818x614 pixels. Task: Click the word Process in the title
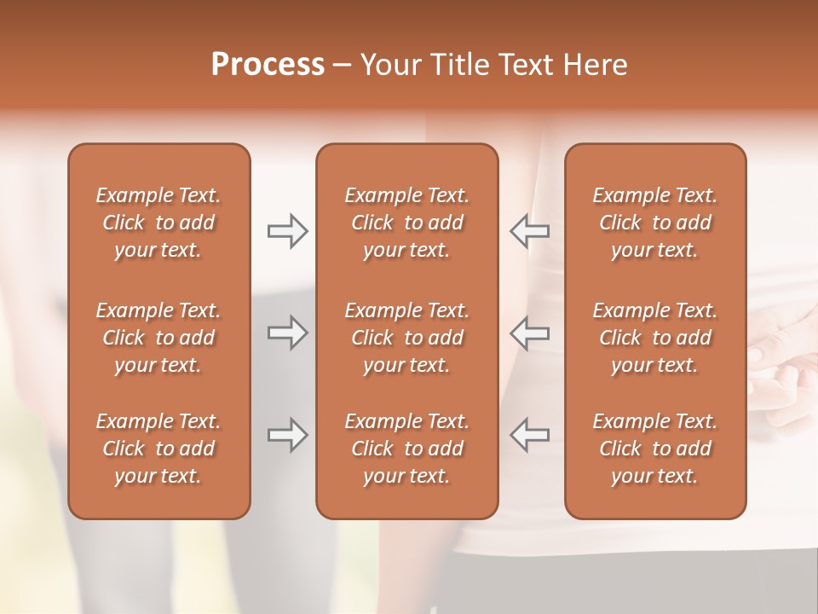(x=268, y=64)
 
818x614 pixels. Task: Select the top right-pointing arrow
(x=288, y=230)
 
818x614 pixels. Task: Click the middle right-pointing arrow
(x=288, y=333)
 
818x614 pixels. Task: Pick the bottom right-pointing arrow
(x=288, y=435)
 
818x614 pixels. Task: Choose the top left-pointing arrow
(x=529, y=230)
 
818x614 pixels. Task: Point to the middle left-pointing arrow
(x=529, y=333)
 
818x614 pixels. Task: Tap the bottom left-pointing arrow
(x=529, y=435)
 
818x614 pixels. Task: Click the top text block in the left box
(x=158, y=223)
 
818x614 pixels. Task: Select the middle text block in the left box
(x=158, y=338)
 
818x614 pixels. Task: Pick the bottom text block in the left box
(x=158, y=449)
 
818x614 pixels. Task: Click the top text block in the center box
(x=406, y=223)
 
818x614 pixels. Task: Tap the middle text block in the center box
(x=406, y=338)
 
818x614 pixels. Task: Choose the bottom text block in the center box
(x=406, y=449)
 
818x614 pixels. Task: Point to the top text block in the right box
(x=655, y=223)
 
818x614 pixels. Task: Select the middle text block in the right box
(x=655, y=338)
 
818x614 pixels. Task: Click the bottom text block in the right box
(x=655, y=449)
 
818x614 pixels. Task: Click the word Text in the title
(x=525, y=64)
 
